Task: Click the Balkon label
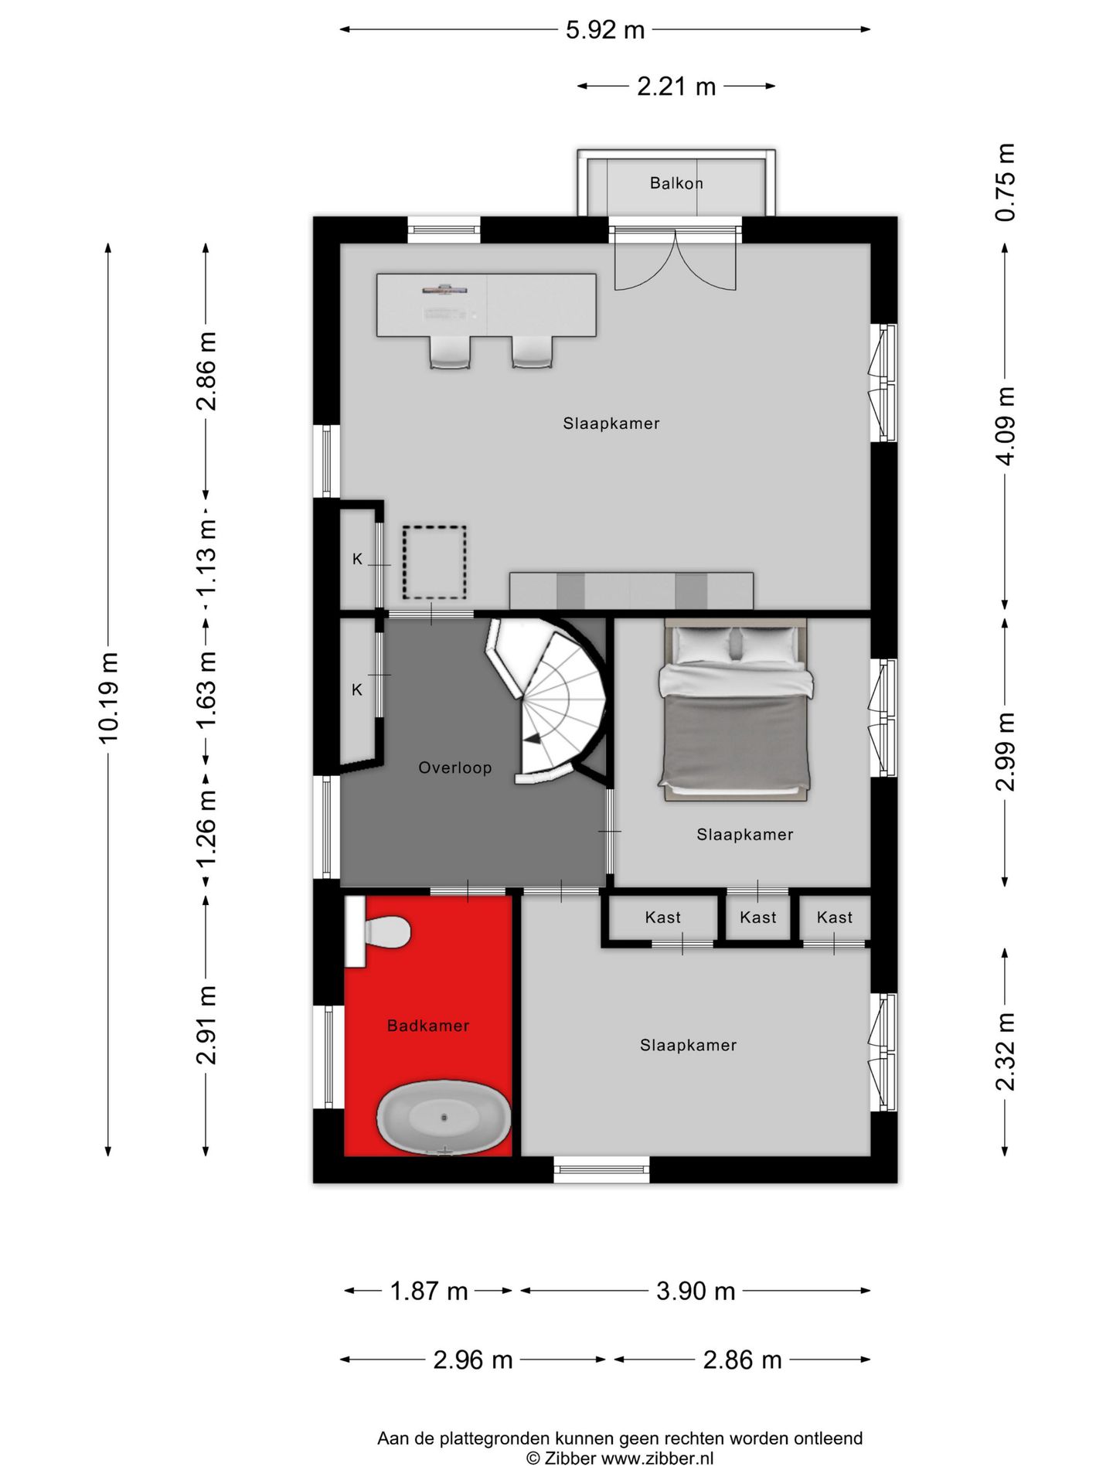tap(676, 183)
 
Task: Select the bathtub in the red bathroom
tap(444, 1117)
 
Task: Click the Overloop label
tap(455, 768)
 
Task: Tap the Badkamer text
tap(428, 1026)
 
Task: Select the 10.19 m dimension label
tap(108, 698)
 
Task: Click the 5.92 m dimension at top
tap(605, 29)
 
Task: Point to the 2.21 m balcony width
tap(676, 87)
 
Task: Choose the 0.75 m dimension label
tap(1005, 182)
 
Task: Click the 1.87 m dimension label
tap(429, 1291)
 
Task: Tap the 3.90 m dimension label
tap(696, 1291)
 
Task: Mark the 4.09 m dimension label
tap(1005, 426)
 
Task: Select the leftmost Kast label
tap(663, 917)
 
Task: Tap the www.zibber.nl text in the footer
tap(657, 1458)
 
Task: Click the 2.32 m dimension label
tap(1005, 1051)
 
